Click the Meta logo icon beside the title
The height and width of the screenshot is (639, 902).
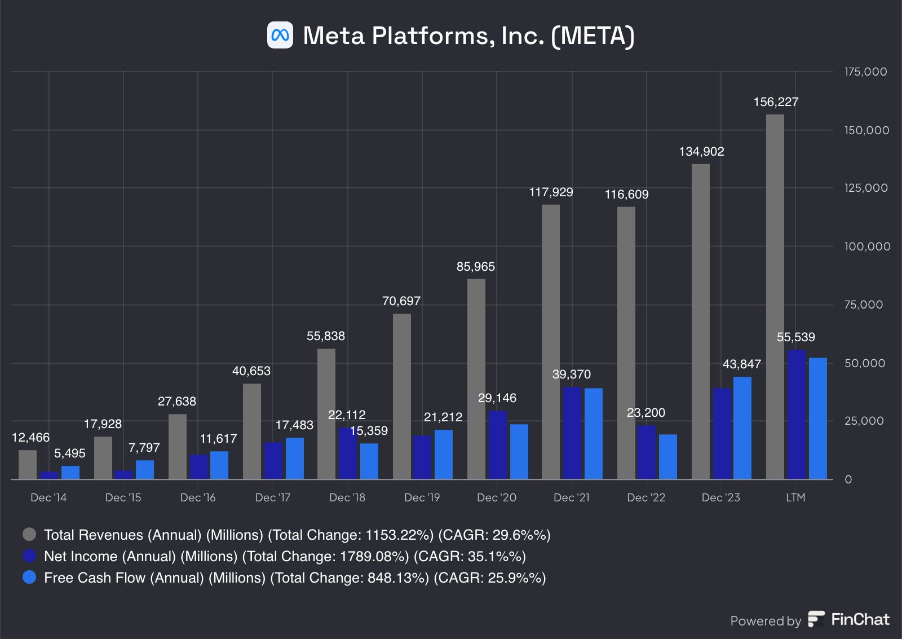280,35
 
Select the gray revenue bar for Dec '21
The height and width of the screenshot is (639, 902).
551,341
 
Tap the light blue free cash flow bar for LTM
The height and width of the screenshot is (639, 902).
817,418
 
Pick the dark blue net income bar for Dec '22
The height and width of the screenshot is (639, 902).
647,452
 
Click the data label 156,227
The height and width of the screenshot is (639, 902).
776,102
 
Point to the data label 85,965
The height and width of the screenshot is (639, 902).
475,267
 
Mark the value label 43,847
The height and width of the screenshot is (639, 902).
741,364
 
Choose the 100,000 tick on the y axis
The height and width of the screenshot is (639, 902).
867,246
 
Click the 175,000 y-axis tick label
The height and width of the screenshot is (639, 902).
865,72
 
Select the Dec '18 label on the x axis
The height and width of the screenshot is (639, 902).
347,497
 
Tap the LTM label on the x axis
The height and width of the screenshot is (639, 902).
795,497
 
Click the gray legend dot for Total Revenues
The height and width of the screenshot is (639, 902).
29,534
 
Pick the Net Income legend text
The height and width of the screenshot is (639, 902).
285,557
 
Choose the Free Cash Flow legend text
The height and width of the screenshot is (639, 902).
295,578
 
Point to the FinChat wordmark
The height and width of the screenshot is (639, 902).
860,620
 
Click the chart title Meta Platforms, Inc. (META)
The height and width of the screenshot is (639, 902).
468,36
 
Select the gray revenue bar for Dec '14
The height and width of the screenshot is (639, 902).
28,465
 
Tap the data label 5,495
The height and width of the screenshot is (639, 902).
69,453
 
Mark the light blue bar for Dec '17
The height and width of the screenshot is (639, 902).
294,459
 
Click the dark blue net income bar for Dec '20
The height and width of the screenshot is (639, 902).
497,445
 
